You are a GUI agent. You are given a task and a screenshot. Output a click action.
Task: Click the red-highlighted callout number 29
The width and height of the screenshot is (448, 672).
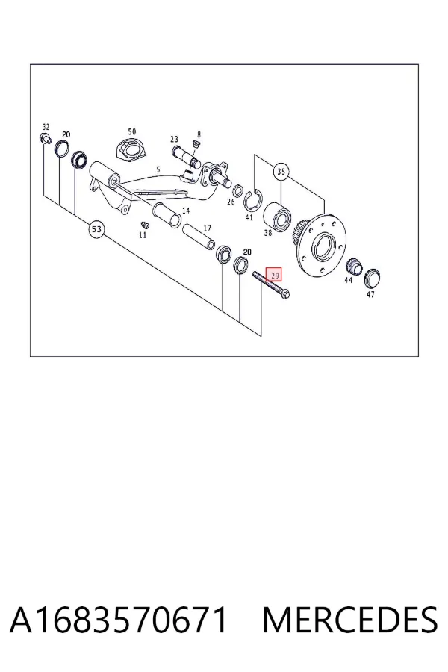[x=273, y=275]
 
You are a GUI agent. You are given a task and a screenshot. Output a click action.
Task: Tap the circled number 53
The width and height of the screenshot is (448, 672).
[x=96, y=229]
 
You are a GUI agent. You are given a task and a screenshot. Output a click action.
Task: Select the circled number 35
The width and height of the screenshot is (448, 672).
[x=281, y=172]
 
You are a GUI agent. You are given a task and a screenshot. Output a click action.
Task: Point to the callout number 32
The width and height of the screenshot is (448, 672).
[x=46, y=127]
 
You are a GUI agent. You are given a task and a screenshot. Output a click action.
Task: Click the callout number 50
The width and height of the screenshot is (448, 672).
[x=132, y=131]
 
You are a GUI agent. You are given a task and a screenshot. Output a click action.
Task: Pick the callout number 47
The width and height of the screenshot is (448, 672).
[x=370, y=294]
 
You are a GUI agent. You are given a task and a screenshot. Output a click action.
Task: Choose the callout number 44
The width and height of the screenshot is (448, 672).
[x=349, y=280]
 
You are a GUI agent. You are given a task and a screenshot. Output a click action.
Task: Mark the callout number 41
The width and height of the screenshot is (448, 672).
[x=249, y=217]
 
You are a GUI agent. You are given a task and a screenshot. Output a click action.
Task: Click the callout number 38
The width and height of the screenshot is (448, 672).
[x=268, y=233]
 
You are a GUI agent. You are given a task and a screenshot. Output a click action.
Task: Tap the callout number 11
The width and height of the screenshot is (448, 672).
[x=143, y=235]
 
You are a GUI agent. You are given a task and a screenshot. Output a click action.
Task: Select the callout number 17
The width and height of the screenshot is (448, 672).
[x=208, y=228]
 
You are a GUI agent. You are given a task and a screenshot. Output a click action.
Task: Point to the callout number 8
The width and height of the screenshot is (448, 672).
[x=199, y=134]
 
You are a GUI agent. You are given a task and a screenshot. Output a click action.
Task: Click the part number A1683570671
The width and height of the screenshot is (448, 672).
[x=118, y=620]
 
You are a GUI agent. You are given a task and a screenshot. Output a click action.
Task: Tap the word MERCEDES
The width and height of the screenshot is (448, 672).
[x=350, y=620]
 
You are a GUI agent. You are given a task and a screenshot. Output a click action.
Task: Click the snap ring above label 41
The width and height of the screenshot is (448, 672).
[x=253, y=199]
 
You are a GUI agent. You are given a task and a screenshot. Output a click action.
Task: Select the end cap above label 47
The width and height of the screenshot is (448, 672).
[x=373, y=279]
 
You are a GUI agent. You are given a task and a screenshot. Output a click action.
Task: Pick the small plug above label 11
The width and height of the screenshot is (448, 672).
[x=144, y=225]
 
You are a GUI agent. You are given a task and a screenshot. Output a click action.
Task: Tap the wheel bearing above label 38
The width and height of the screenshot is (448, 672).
[x=278, y=217]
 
